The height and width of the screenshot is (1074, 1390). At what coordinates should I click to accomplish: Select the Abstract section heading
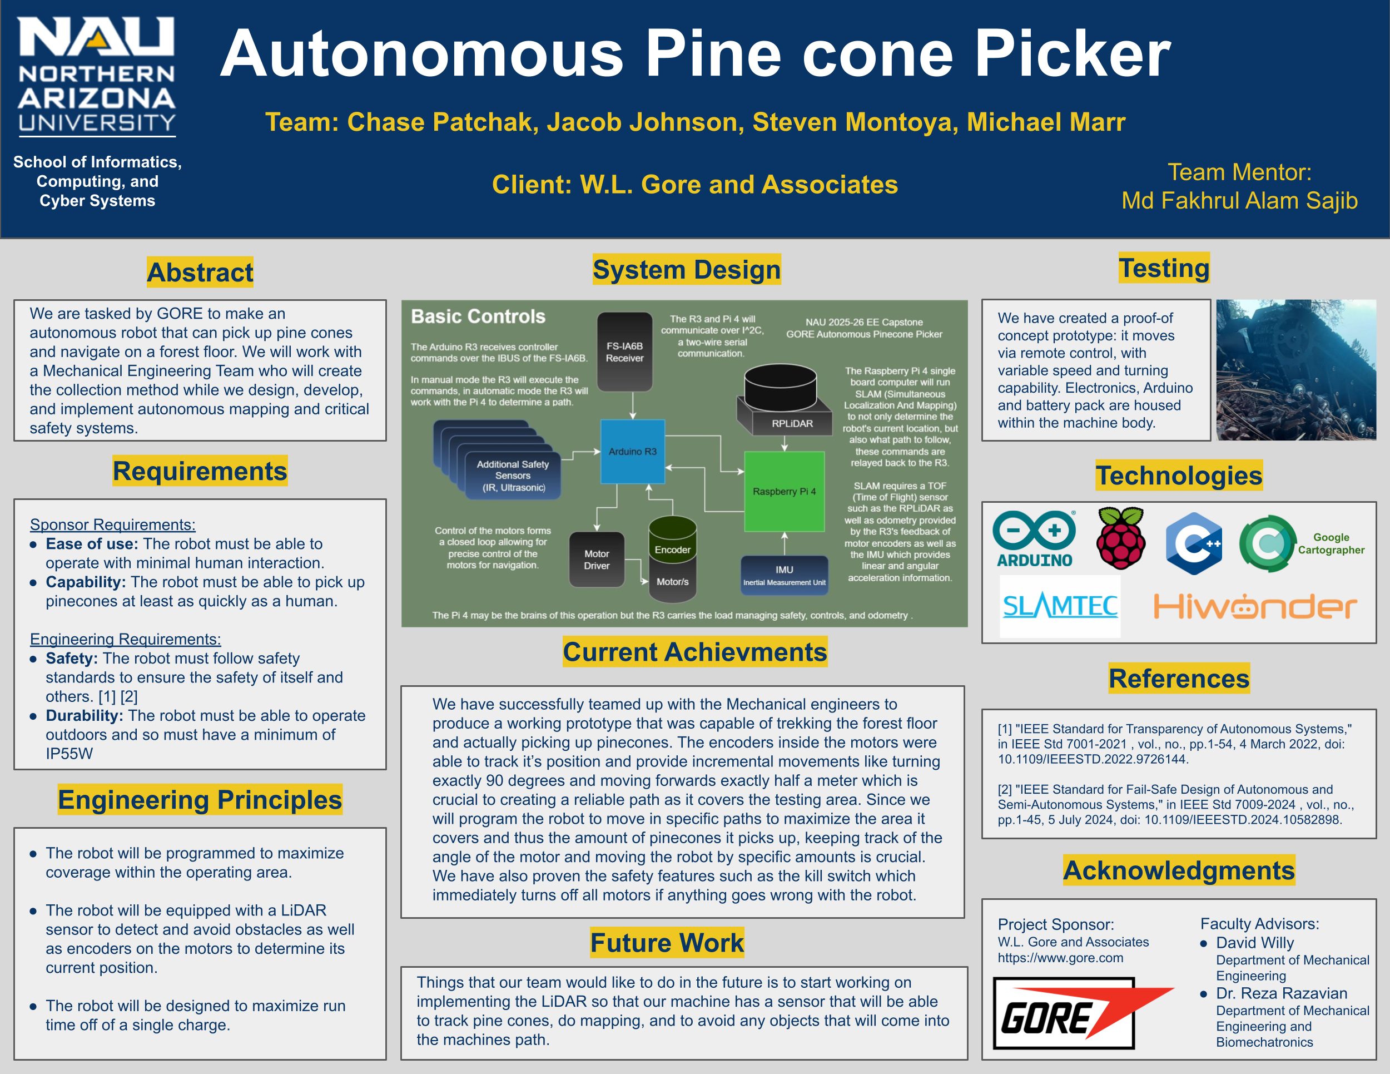(200, 273)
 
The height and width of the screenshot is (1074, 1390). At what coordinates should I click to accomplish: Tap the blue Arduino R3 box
(633, 452)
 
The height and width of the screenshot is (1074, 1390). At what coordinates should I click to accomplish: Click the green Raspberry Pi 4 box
(784, 491)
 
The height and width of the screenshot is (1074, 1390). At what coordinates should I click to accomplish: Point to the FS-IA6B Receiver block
(624, 352)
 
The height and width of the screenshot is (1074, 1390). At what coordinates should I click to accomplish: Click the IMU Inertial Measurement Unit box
(784, 575)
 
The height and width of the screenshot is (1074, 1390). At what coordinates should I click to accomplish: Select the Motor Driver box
(597, 560)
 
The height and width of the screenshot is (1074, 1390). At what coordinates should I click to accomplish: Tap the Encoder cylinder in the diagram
(673, 541)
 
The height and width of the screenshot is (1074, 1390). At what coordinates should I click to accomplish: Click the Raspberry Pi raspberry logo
(1121, 538)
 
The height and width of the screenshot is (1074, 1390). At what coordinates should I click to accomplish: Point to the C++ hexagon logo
(1193, 543)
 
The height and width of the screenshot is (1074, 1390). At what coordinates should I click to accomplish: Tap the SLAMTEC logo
(1060, 607)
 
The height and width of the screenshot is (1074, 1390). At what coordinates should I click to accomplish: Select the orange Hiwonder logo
(1255, 607)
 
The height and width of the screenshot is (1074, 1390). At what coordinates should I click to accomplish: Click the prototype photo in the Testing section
(1296, 370)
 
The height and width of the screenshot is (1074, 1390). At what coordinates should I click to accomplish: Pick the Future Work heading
(666, 943)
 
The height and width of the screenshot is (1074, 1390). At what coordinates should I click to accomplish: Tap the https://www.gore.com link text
(1060, 958)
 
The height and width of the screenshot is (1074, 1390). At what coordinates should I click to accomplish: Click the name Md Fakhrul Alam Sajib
(1239, 201)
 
